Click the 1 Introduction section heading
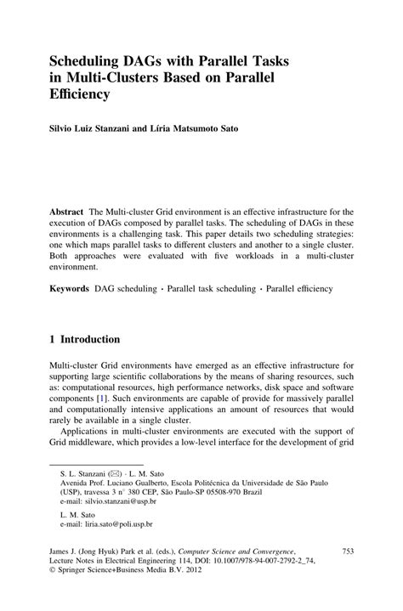[84, 339]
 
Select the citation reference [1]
[101, 397]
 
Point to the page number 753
[346, 552]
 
